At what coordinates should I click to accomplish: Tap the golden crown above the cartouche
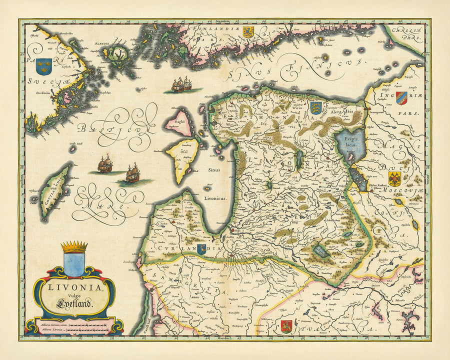tap(74, 247)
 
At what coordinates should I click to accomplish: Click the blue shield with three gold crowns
tap(44, 64)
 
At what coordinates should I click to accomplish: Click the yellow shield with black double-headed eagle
tap(395, 178)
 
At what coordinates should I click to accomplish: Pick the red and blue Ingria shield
tap(401, 97)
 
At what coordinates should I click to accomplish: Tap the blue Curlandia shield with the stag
tap(201, 249)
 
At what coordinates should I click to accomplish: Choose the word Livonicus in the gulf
tap(215, 198)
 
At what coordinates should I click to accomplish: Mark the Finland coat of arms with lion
tap(248, 32)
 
